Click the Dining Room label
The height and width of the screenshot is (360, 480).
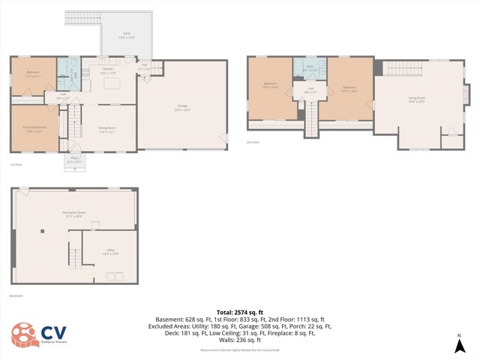(x=108, y=128)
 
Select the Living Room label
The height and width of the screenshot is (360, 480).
(x=417, y=98)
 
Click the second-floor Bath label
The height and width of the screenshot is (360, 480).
(x=310, y=68)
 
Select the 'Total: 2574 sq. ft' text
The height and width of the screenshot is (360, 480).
(x=239, y=312)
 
